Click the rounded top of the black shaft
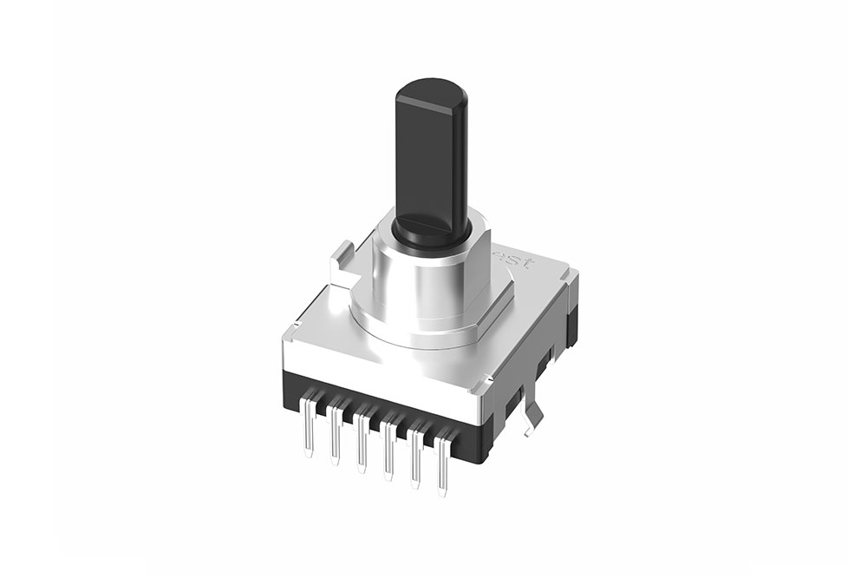431,89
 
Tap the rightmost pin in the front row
444,469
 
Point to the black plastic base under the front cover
381,404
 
